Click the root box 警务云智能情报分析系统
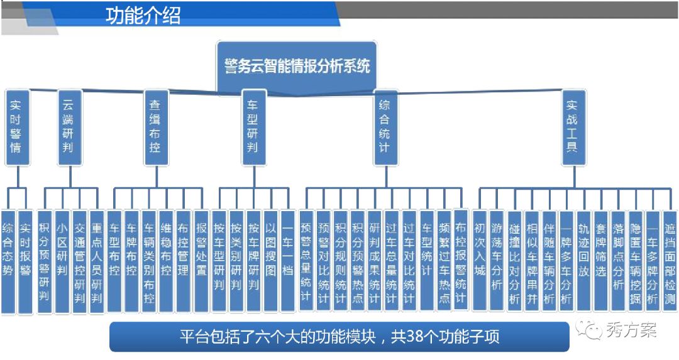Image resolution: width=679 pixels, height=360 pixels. (x=297, y=66)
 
